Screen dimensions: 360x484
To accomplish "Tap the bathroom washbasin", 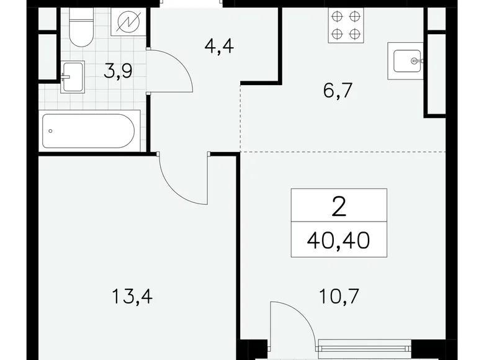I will pos(72,76).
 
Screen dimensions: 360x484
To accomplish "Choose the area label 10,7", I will pos(338,295).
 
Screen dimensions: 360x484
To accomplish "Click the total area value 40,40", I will pos(339,237).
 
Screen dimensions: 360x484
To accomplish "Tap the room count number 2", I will pos(339,205).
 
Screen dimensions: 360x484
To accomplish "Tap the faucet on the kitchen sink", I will pos(417,61).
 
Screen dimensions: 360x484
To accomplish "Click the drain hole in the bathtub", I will pos(51,131).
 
